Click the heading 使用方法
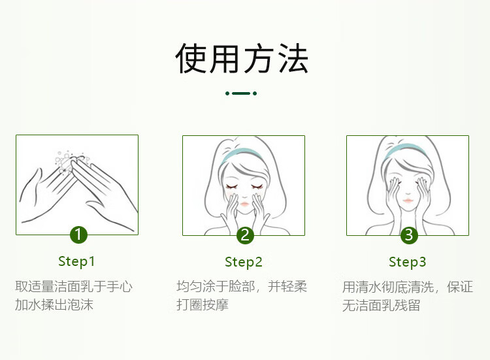coord(242,58)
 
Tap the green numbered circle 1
coord(78,235)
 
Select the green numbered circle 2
coord(245,235)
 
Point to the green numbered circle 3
coord(409,235)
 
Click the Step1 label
coord(76,261)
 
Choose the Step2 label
coord(244,262)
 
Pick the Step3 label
coord(407,262)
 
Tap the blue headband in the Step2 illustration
coord(241,154)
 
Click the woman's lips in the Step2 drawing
coord(244,204)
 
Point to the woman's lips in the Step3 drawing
coord(408,200)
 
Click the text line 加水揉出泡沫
coord(54,304)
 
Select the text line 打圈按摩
coord(203,304)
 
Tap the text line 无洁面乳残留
coord(381,305)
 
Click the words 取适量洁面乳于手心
coord(74,286)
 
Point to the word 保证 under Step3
coord(460,287)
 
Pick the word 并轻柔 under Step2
coord(287,286)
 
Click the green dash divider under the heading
coord(241,93)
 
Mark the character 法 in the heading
coord(293,58)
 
